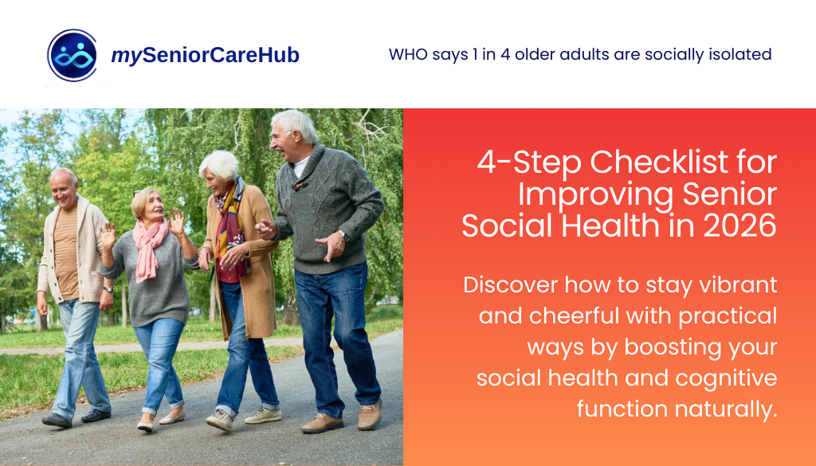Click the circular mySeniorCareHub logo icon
(x=73, y=56)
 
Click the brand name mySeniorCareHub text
(x=205, y=56)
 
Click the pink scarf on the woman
(x=150, y=244)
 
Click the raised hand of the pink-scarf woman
(x=108, y=234)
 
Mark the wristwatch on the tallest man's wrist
(x=341, y=237)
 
